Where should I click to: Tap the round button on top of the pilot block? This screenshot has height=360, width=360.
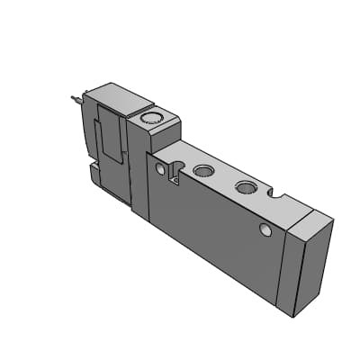tap(149, 116)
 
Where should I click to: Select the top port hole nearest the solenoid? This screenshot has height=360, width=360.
tap(203, 170)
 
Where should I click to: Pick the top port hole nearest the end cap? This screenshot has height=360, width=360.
tap(244, 187)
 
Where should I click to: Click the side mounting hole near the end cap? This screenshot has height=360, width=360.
tap(265, 232)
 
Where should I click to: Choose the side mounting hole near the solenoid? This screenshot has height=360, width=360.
tap(161, 169)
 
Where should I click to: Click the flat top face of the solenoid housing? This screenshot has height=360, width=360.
tap(114, 94)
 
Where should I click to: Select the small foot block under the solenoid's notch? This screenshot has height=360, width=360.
tap(95, 171)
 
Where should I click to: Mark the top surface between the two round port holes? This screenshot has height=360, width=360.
tap(224, 177)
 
